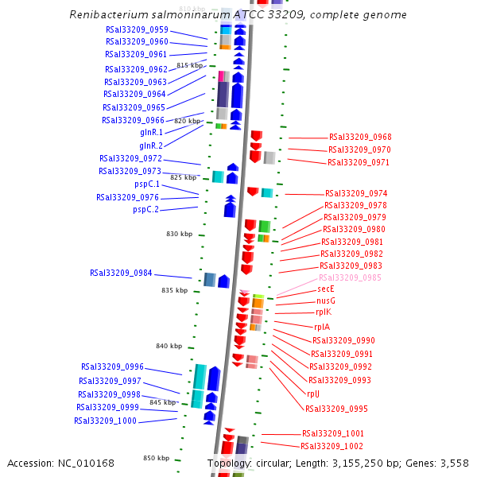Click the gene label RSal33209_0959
coord(137,29)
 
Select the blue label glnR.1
coord(151,132)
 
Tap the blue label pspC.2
coord(146,210)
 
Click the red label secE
coord(326,289)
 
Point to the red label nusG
coord(326,301)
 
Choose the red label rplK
coord(323,312)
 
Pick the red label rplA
coord(322,327)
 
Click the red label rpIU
coord(313,394)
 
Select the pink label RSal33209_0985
coord(350,277)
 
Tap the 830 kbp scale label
coord(179,235)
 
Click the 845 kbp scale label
coord(162,402)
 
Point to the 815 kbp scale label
coord(190,65)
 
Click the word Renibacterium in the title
coord(106,15)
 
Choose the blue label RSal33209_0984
coord(121,273)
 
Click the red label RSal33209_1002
coord(332,446)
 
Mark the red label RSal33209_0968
coord(360,138)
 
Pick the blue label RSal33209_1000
coord(106,421)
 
